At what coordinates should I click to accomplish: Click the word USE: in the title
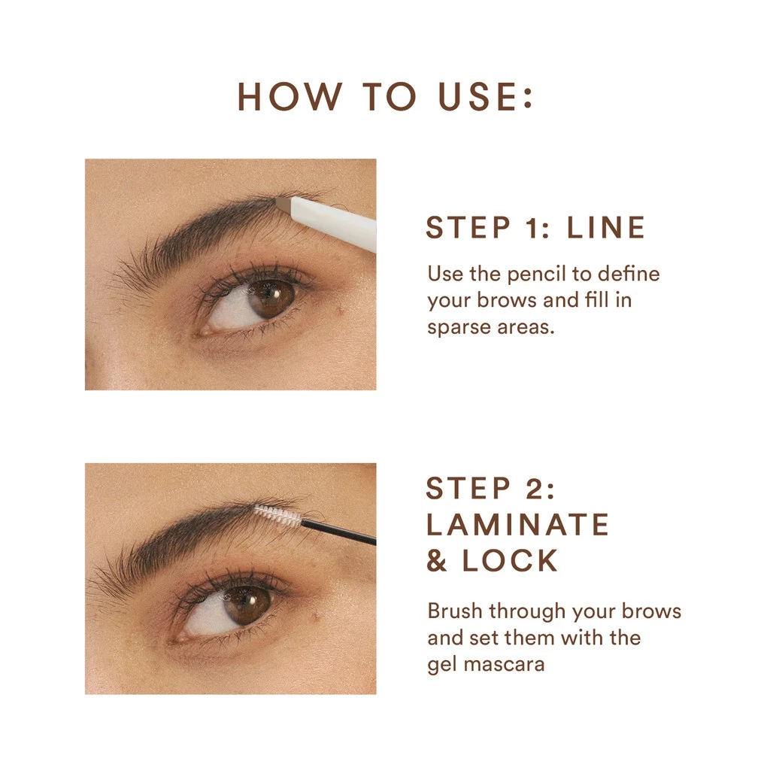[x=486, y=97]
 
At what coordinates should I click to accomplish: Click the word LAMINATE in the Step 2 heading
[x=517, y=524]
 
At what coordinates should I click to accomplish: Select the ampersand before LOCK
[x=438, y=561]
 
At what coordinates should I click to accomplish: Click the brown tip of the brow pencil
[x=283, y=202]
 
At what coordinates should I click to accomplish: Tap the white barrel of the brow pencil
[x=335, y=220]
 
